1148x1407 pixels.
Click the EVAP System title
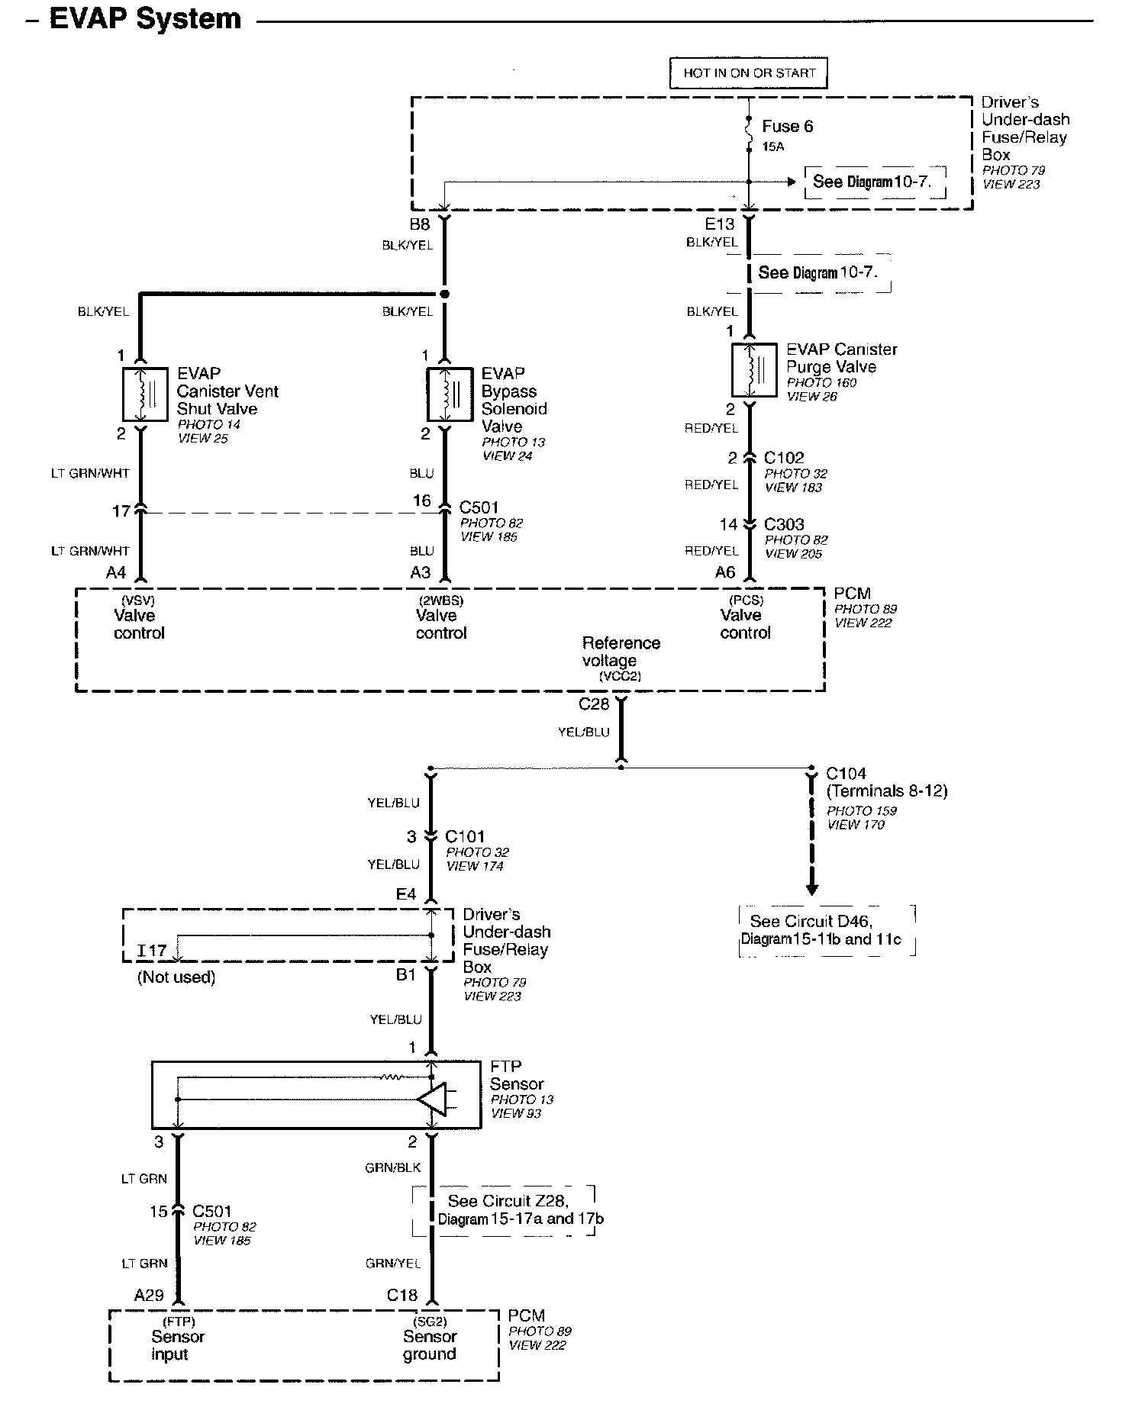[x=145, y=18]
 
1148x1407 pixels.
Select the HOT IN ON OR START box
[x=749, y=73]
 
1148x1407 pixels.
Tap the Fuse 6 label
[x=788, y=127]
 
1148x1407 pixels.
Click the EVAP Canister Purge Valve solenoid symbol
[x=754, y=370]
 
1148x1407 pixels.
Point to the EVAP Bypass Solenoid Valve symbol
[x=449, y=394]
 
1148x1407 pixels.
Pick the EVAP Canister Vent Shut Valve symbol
[x=145, y=394]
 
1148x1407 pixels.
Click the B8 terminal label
[x=420, y=224]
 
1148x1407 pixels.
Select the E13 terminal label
[x=719, y=224]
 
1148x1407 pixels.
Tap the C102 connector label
[x=784, y=458]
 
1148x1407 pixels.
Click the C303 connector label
[x=784, y=524]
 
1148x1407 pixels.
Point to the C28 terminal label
[x=594, y=703]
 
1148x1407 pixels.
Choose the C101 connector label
[x=465, y=836]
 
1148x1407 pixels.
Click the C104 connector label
[x=846, y=774]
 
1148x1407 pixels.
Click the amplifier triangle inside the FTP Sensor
[x=432, y=1099]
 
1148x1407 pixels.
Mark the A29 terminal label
[x=149, y=1295]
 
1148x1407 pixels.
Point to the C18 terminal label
[x=402, y=1295]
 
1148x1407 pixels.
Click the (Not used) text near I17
[x=176, y=977]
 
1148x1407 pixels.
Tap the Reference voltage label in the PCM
[x=621, y=652]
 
